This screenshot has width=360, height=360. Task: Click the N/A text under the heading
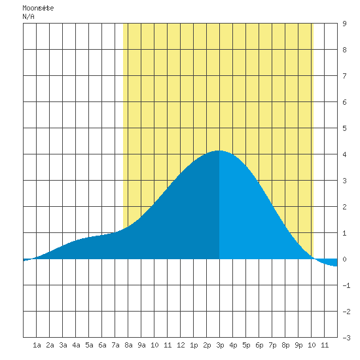coord(28,16)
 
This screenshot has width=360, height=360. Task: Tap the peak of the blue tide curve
coord(218,151)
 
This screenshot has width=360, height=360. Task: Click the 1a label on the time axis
coord(37,345)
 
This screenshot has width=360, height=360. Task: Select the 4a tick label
coord(76,345)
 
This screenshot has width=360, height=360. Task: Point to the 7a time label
coord(115,345)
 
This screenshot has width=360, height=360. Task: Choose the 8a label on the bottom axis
coord(128,345)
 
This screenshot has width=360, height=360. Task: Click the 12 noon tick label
coord(181,345)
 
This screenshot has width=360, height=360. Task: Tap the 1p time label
coord(194,345)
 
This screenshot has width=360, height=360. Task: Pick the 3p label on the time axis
coord(220,345)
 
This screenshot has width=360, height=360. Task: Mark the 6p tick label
coord(259,345)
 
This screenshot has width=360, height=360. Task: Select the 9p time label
coord(298,345)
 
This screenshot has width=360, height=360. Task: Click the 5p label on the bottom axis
coord(246,345)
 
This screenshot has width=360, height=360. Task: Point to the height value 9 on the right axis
coord(344,24)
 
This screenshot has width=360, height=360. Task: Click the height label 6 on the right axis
coord(344,102)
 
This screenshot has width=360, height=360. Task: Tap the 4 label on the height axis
coord(344,154)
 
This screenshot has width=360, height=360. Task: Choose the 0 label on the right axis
coord(344,259)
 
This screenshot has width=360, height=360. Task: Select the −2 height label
coord(346,312)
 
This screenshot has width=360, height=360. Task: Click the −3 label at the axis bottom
coord(346,338)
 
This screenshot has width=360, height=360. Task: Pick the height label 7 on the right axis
coord(344,76)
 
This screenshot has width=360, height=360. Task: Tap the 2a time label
coord(50,345)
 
